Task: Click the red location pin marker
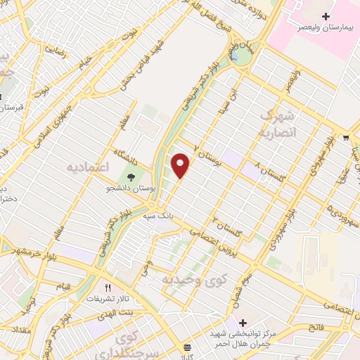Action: tap(181, 166)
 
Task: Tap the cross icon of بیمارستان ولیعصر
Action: tap(325, 15)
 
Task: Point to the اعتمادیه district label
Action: tap(91, 168)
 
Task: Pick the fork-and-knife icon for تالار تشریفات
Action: tap(108, 288)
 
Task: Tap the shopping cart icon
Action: tap(346, 138)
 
